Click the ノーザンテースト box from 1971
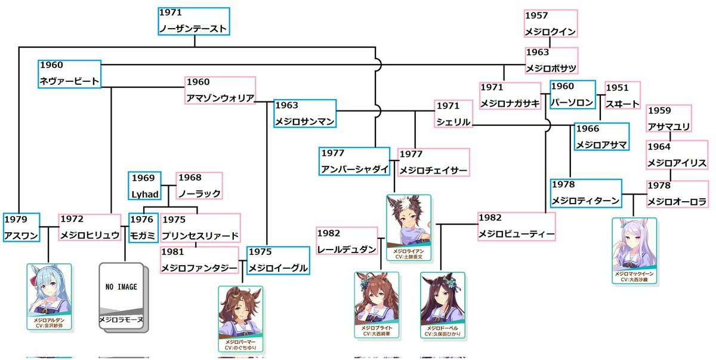pyautogui.click(x=194, y=21)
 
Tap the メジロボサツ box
pyautogui.click(x=551, y=61)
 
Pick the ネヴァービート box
pyautogui.click(x=70, y=74)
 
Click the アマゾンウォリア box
pyautogui.click(x=220, y=91)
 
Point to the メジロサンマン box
pyautogui.click(x=304, y=113)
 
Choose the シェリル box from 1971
pyautogui.click(x=453, y=114)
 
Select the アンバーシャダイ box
pyautogui.click(x=354, y=161)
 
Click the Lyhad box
pyautogui.click(x=145, y=186)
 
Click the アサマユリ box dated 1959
pyautogui.click(x=669, y=119)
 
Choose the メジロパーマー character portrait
pyautogui.click(x=240, y=318)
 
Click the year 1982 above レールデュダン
pyautogui.click(x=329, y=233)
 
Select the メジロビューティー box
pyautogui.click(x=517, y=226)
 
